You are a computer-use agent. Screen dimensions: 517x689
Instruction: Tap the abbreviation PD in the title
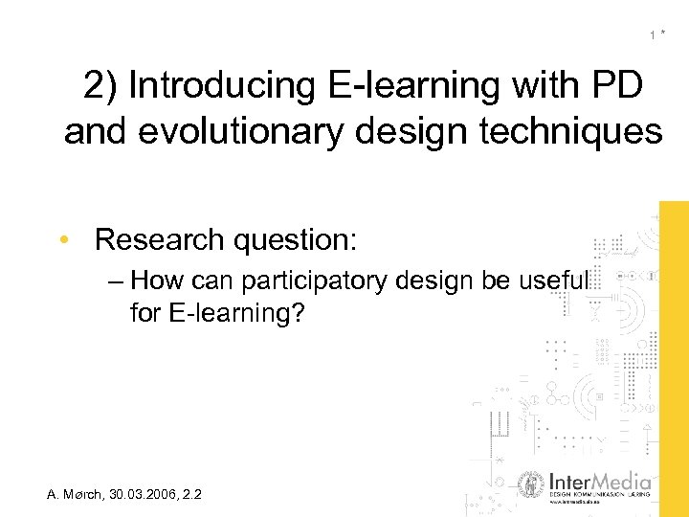(618, 86)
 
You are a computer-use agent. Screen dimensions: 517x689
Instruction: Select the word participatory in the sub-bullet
(310, 281)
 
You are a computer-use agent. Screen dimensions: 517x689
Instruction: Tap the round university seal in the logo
(530, 485)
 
